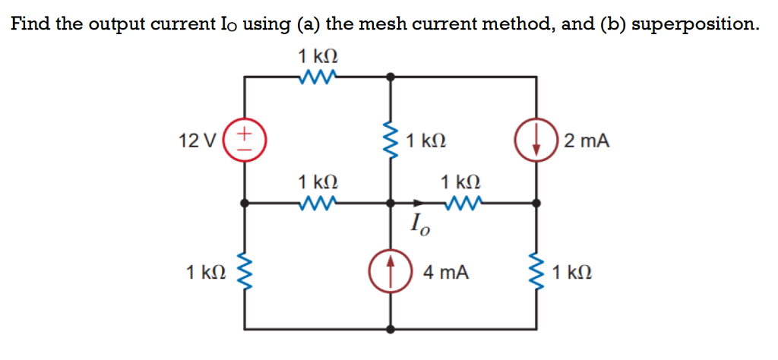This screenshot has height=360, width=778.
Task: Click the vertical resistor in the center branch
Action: pos(391,141)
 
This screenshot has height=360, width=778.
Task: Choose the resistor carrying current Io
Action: pos(461,204)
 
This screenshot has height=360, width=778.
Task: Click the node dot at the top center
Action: pos(391,76)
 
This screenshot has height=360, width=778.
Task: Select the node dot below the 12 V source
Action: pos(243,204)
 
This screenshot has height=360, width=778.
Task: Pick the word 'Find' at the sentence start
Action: pos(30,24)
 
